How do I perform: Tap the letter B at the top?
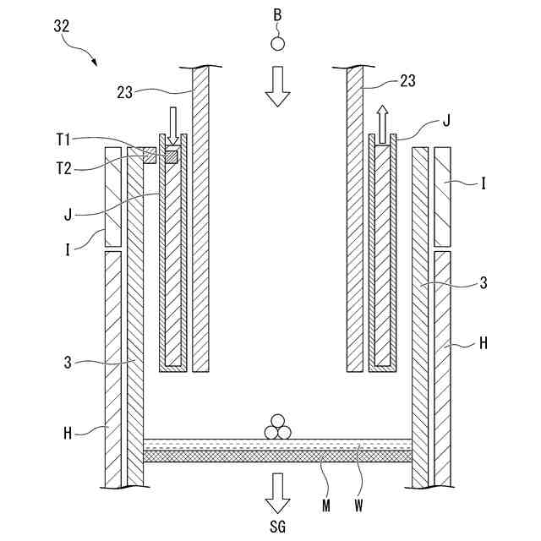point(276,15)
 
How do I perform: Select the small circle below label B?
point(276,43)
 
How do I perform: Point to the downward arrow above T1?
point(173,125)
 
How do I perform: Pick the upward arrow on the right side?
point(382,125)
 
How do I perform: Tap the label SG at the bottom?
point(276,527)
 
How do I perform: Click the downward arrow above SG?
point(276,493)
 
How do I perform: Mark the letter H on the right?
point(483,344)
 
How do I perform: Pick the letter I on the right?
point(483,181)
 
